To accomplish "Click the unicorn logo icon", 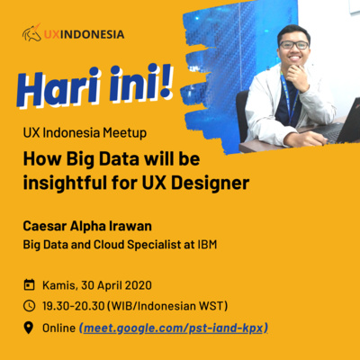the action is click(31, 32).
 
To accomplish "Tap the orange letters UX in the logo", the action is click(51, 34).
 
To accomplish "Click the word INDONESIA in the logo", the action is click(92, 34).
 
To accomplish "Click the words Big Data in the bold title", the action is click(103, 159).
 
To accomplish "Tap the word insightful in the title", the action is click(65, 183).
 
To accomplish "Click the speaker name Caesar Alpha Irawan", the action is click(87, 226).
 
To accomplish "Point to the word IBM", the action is click(207, 245).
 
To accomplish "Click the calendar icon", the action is click(29, 284).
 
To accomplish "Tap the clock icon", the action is click(29, 306).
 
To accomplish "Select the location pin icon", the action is click(29, 328).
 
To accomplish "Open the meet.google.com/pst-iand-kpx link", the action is click(174, 328).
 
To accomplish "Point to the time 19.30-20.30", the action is click(74, 306).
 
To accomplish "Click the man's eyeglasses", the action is click(293, 45).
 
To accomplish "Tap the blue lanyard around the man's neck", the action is click(289, 97).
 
